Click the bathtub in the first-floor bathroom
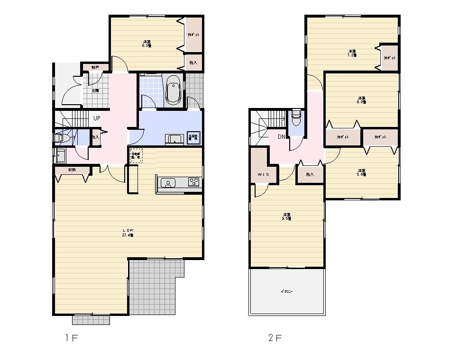pyautogui.click(x=173, y=90)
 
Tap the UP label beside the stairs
pyautogui.click(x=96, y=118)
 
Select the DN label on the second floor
pyautogui.click(x=281, y=137)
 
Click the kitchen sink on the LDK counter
pyautogui.click(x=168, y=183)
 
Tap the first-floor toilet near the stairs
pyautogui.click(x=61, y=138)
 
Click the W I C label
pyautogui.click(x=263, y=174)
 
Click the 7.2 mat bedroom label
pyautogui.click(x=351, y=53)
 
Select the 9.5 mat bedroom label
pyautogui.click(x=286, y=216)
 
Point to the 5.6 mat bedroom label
pyautogui.click(x=361, y=172)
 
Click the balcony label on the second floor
pyautogui.click(x=286, y=292)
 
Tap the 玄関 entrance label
pyautogui.click(x=95, y=90)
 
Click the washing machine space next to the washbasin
pyautogui.click(x=193, y=137)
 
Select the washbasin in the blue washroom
pyautogui.click(x=174, y=139)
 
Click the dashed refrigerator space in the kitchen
pyautogui.click(x=136, y=155)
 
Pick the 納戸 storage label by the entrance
pyautogui.click(x=95, y=68)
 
